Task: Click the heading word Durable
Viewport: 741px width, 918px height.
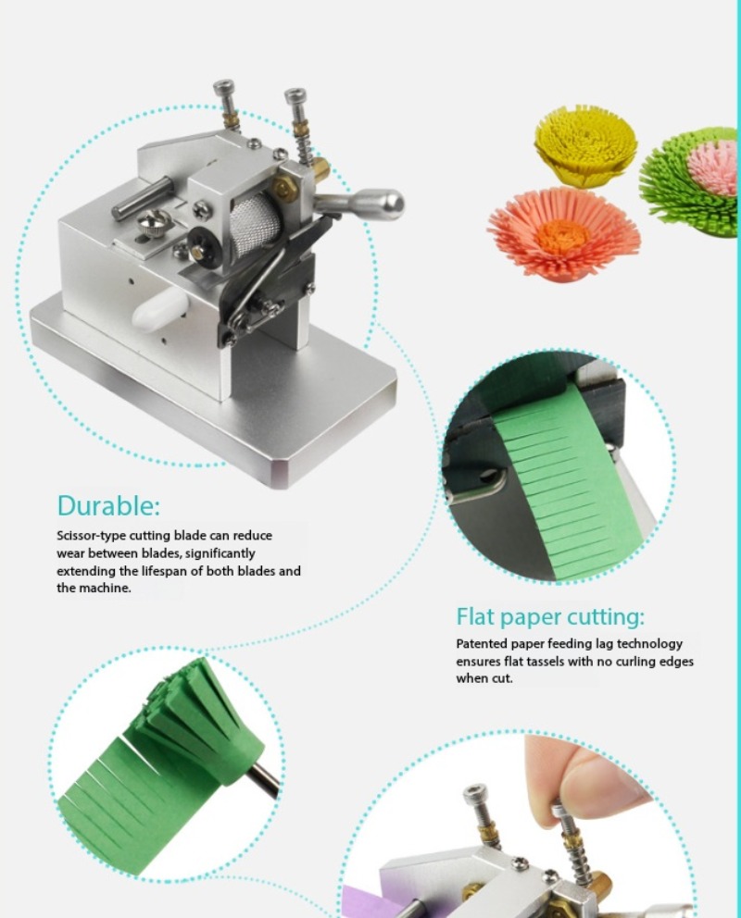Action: click(107, 506)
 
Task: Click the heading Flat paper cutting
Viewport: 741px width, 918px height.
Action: click(550, 617)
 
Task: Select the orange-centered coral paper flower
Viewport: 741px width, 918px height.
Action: click(563, 234)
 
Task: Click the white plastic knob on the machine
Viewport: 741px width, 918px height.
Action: click(160, 307)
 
